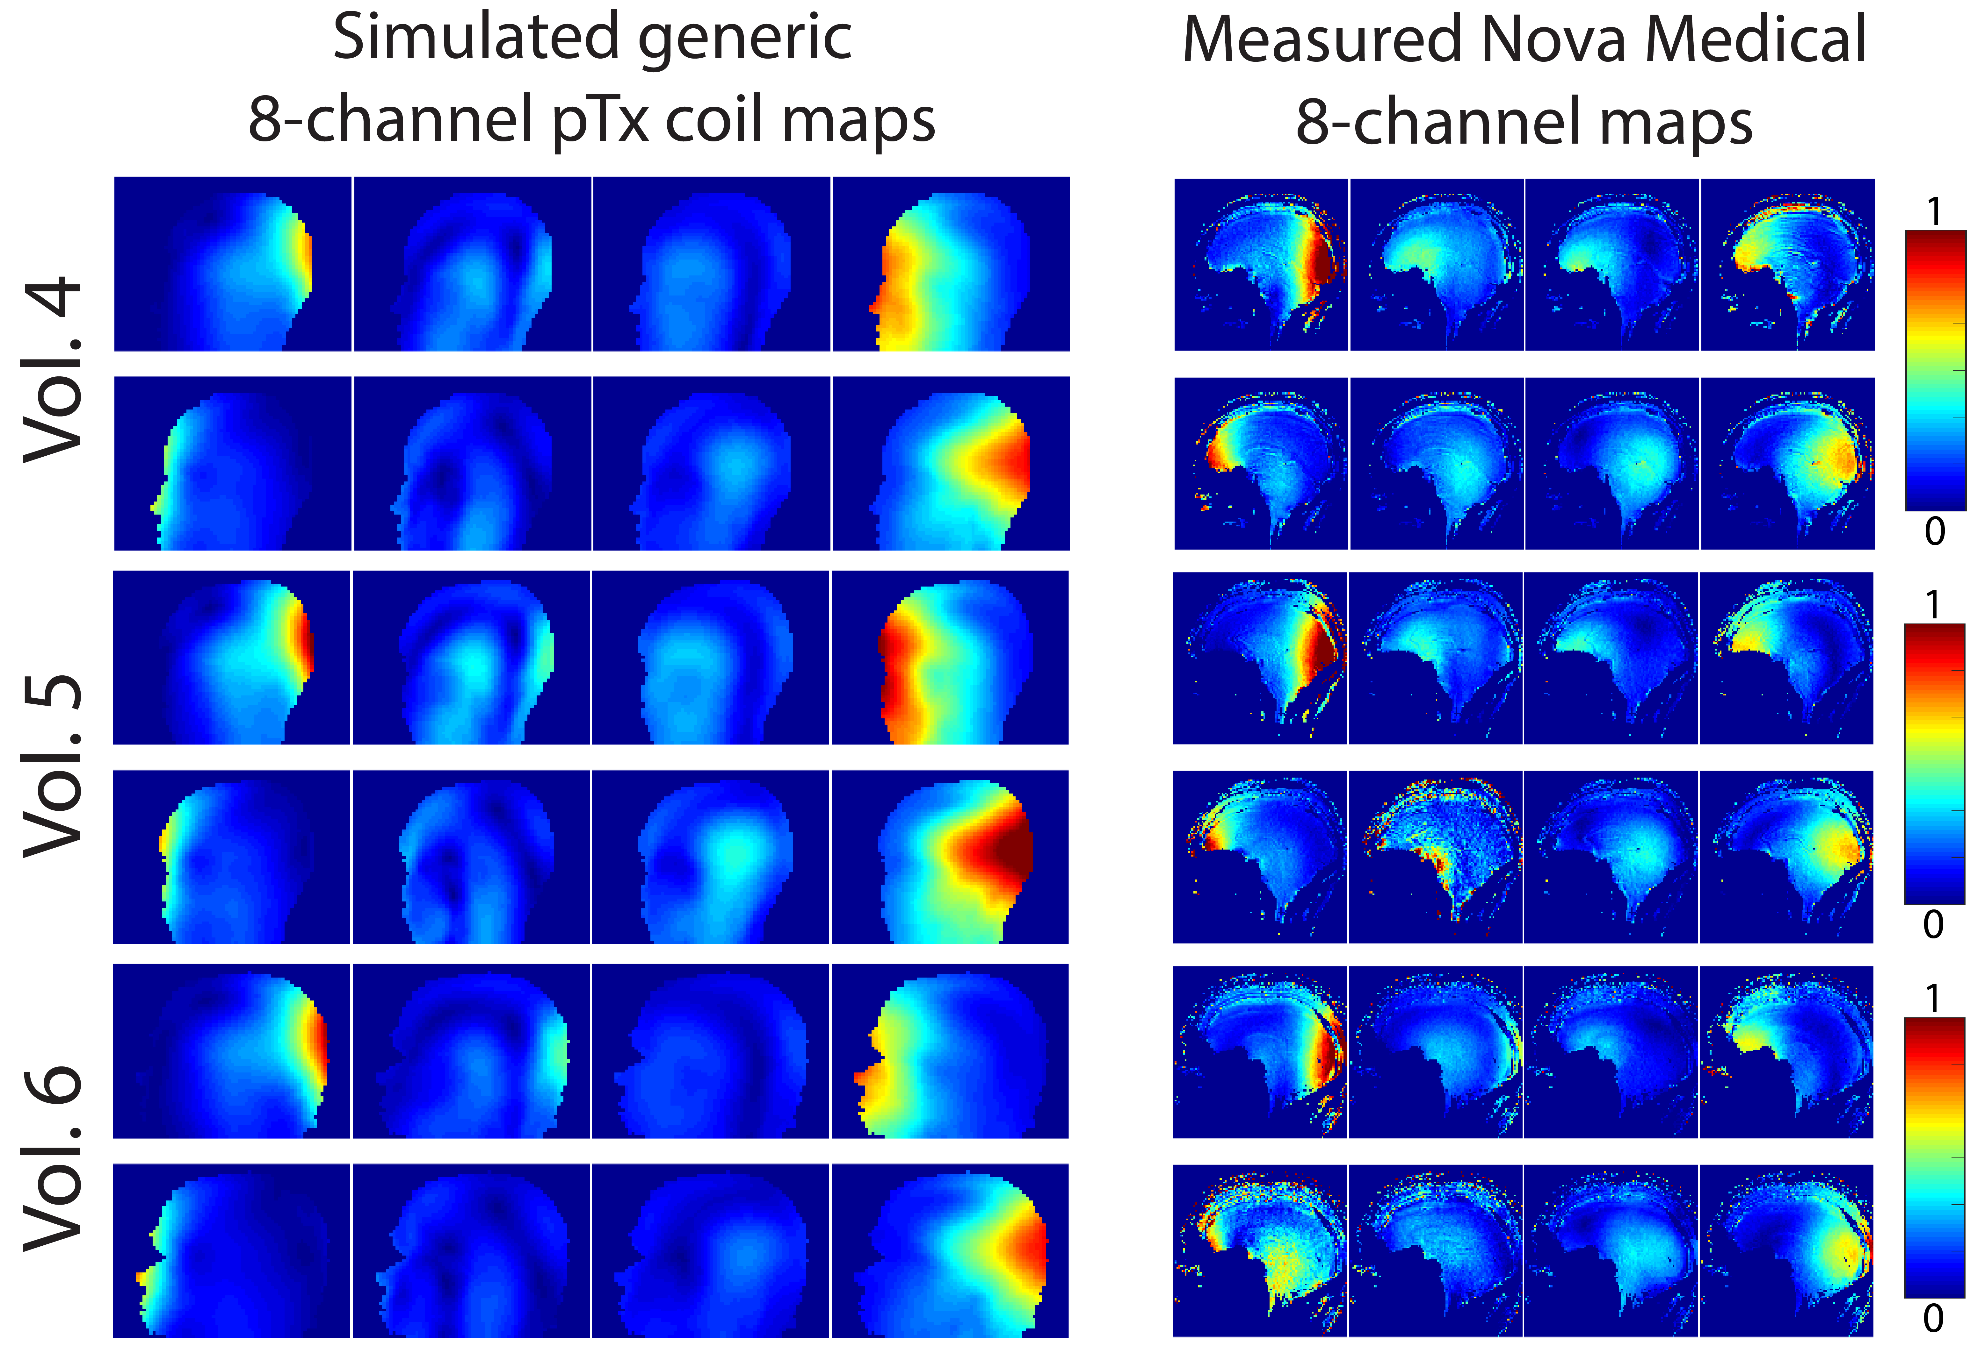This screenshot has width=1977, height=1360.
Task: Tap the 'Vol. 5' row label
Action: (x=53, y=764)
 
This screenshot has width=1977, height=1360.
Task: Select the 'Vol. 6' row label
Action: (x=53, y=1159)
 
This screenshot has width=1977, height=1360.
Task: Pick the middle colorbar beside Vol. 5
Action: (x=1934, y=764)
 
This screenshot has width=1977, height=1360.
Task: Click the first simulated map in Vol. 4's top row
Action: (x=233, y=264)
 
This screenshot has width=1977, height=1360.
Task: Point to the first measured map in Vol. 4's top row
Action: (x=1261, y=264)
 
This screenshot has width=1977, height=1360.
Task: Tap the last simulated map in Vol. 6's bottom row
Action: (x=950, y=1250)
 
